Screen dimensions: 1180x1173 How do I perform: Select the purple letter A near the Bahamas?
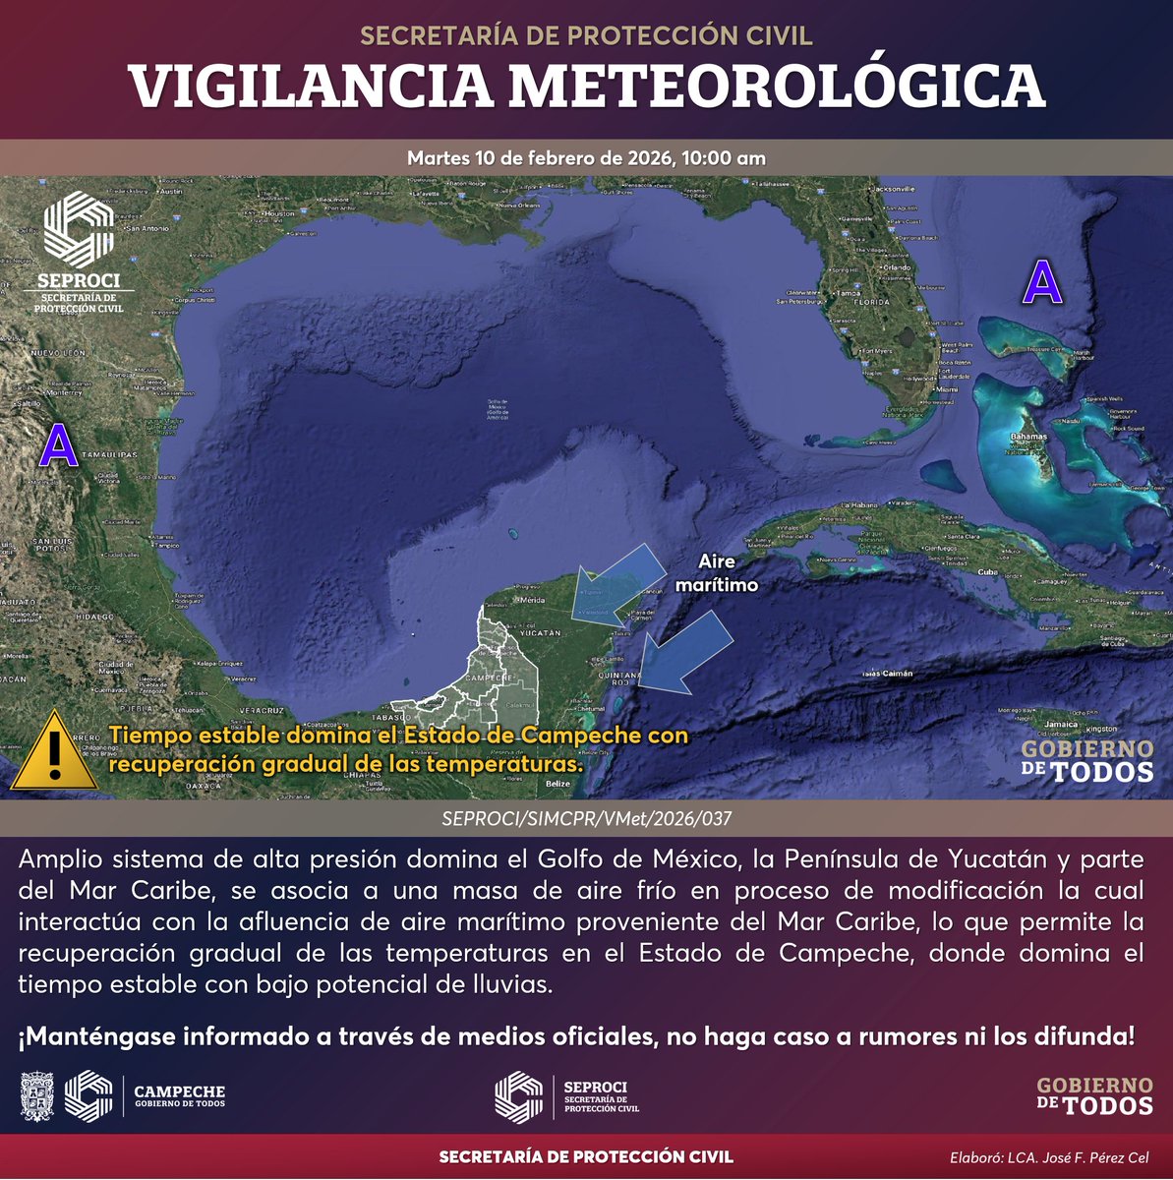[1043, 283]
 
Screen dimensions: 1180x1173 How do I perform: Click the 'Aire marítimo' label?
[717, 572]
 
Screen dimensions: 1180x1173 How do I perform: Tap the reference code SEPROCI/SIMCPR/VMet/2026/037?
[587, 817]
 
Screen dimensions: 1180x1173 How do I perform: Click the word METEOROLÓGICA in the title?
[776, 87]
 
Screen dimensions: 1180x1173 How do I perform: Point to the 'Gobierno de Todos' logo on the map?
[1087, 761]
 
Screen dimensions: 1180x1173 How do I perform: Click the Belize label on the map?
[557, 784]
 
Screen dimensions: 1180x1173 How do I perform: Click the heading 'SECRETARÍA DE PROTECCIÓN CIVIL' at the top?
[586, 35]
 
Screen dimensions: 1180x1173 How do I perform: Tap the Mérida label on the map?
[534, 600]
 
